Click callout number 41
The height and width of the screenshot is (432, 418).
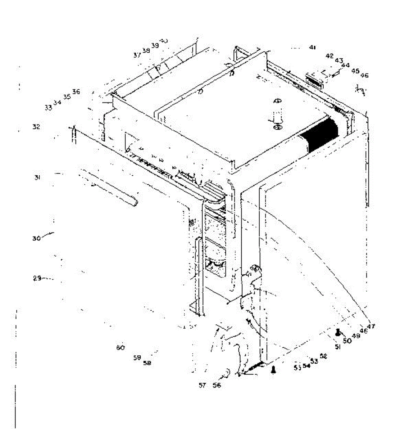[312, 47]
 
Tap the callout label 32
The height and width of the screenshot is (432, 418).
[36, 127]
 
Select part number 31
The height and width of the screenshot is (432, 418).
[37, 177]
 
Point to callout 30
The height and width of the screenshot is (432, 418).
[36, 238]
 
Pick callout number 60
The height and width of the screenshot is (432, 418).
[120, 347]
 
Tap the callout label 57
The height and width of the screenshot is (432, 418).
[202, 386]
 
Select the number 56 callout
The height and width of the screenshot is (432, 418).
[217, 386]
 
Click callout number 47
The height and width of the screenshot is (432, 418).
[371, 327]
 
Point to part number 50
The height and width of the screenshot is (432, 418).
[347, 341]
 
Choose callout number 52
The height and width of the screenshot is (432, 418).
[323, 356]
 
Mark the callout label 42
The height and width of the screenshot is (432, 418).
[330, 56]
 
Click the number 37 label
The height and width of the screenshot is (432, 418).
[137, 55]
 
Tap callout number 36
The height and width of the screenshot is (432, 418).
[76, 92]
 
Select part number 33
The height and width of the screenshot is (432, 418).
[48, 107]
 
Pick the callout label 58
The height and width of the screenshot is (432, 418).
[147, 363]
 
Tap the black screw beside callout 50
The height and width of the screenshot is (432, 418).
[337, 333]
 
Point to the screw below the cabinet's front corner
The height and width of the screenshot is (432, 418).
[273, 370]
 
